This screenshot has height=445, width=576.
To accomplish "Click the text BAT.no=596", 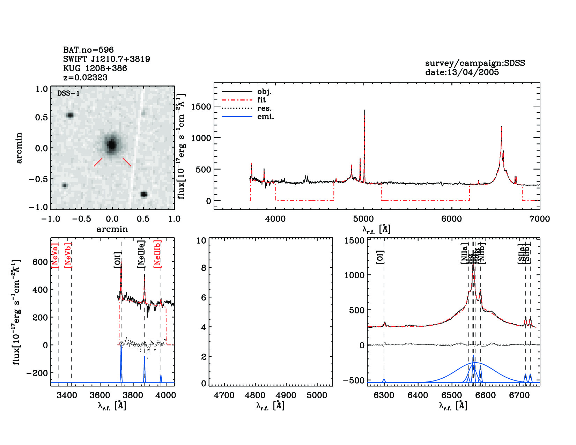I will pyautogui.click(x=88, y=50).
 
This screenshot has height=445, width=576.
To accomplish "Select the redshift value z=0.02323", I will pyautogui.click(x=85, y=77).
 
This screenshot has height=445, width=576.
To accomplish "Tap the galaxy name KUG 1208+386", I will pyautogui.click(x=95, y=68).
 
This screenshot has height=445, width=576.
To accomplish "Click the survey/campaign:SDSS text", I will pyautogui.click(x=475, y=63).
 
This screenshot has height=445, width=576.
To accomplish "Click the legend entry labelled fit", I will pyautogui.click(x=261, y=100).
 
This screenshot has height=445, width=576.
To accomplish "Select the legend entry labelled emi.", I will pyautogui.click(x=265, y=117).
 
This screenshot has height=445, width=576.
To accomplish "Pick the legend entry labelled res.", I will pyautogui.click(x=264, y=109).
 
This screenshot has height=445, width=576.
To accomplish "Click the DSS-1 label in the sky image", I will pyautogui.click(x=68, y=94).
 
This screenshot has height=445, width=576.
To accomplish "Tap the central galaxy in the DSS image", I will pyautogui.click(x=112, y=144).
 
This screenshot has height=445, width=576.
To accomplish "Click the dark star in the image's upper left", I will pyautogui.click(x=70, y=115).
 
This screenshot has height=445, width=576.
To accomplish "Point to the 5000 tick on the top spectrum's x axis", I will pyautogui.click(x=363, y=219).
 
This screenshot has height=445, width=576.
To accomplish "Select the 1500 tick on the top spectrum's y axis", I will pyautogui.click(x=201, y=107).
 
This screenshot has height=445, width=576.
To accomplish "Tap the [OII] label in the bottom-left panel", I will pyautogui.click(x=118, y=260).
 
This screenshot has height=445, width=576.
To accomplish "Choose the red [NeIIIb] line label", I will pyautogui.click(x=158, y=253).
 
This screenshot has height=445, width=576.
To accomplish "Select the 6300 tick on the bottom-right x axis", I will pyautogui.click(x=384, y=395).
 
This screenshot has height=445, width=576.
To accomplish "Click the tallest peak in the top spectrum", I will pyautogui.click(x=364, y=111).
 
